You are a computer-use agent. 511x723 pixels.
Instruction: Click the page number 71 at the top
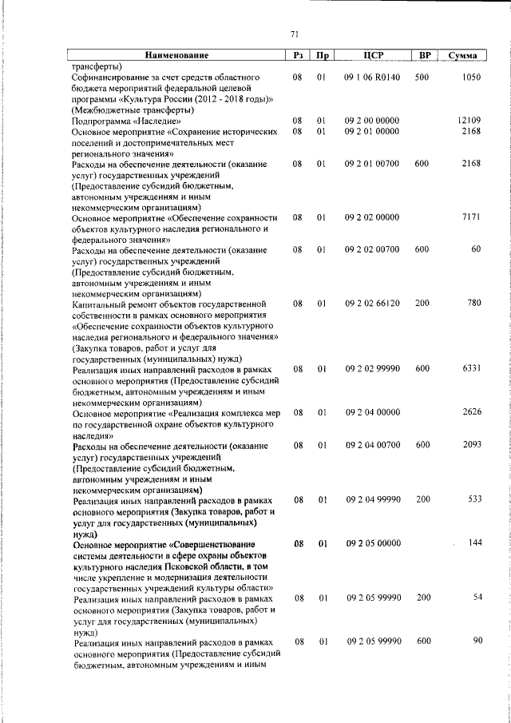tap(294, 34)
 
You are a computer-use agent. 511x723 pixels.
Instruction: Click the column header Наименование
tap(176, 55)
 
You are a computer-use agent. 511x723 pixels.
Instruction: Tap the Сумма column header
tap(464, 55)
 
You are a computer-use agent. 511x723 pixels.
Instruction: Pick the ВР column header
tap(426, 55)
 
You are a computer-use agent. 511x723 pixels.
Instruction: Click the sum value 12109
tap(468, 120)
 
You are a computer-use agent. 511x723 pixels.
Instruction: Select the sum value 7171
tap(471, 217)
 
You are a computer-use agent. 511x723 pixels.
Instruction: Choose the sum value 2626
tap(471, 412)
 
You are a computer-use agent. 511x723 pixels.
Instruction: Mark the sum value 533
tap(474, 499)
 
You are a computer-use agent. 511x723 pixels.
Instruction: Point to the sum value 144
tap(474, 542)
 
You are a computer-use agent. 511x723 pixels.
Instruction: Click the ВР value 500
tap(422, 77)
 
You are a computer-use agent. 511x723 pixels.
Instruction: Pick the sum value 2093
tap(471, 444)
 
